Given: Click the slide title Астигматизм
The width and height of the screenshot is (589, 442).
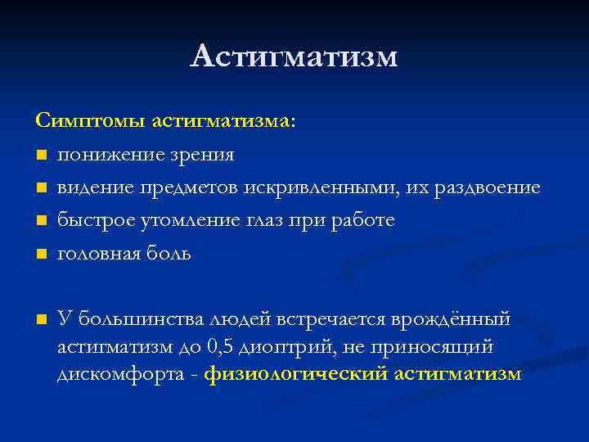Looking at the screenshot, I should [294, 56].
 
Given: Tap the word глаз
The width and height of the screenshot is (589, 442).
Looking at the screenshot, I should [267, 221].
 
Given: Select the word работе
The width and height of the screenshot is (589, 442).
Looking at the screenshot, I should [366, 221].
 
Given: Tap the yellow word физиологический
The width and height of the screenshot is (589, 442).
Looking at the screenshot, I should [297, 375].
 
